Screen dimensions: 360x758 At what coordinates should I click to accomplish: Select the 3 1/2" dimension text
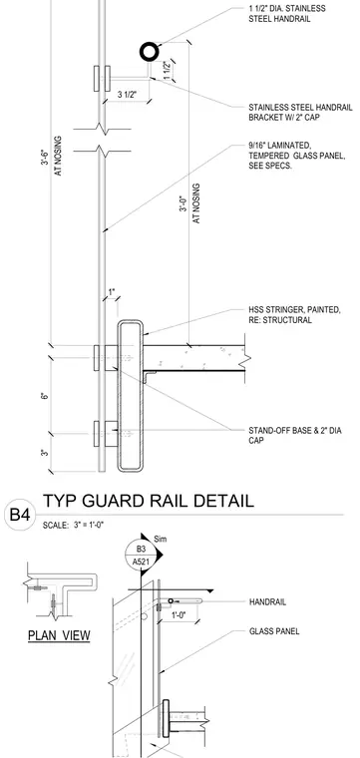tap(128, 95)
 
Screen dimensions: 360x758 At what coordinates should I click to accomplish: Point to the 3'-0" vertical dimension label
tap(183, 203)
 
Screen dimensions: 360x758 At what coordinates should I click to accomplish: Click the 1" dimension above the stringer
tap(112, 292)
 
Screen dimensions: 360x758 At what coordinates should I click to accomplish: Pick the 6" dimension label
tap(45, 396)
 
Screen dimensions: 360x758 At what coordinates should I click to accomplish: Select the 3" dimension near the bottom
tap(45, 453)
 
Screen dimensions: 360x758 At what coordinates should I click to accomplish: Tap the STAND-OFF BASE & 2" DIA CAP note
tap(295, 435)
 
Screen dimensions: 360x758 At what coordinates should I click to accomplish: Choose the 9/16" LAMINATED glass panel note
tap(297, 156)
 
